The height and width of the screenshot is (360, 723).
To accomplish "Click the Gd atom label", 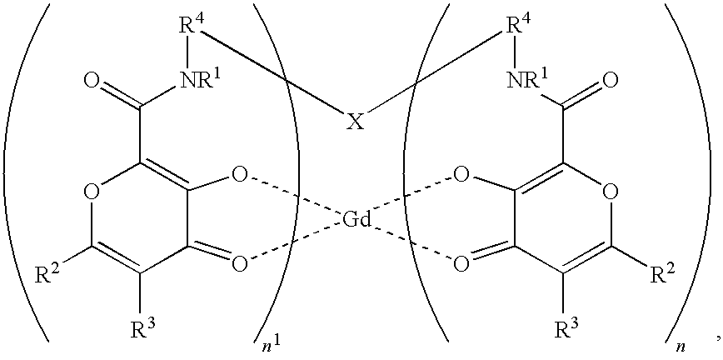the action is point(357,220).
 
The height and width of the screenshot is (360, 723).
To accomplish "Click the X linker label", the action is point(354,122).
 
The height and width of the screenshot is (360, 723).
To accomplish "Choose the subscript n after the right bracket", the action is point(674,347).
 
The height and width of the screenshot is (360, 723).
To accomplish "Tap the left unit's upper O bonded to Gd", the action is point(240,175).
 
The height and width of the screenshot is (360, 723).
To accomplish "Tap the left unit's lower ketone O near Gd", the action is point(240,263).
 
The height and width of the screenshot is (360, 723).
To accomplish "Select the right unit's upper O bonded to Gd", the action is point(461,175).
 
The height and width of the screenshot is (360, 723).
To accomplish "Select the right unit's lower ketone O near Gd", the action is point(461,263).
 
